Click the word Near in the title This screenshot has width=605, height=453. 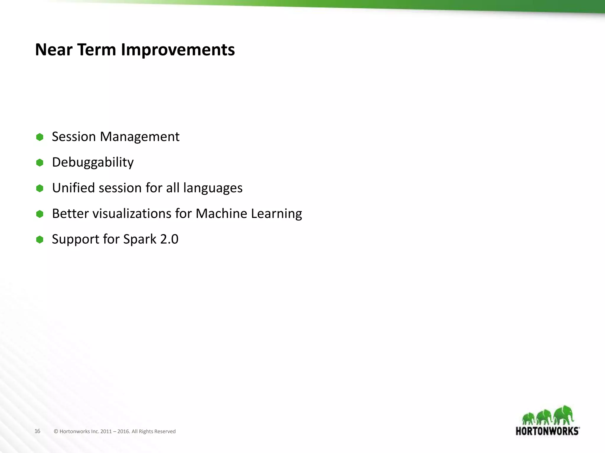[x=54, y=50]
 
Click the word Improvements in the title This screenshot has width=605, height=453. [x=178, y=50]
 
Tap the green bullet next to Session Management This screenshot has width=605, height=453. [x=40, y=137]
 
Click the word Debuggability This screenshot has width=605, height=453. [x=93, y=163]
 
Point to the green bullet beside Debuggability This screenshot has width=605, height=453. [x=40, y=163]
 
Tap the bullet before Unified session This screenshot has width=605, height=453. [x=40, y=188]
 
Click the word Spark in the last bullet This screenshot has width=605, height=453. [x=140, y=239]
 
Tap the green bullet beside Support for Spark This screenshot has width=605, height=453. [x=40, y=239]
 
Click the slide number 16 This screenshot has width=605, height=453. [x=37, y=431]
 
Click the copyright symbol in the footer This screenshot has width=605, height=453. [x=56, y=431]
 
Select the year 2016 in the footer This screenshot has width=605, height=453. [x=123, y=431]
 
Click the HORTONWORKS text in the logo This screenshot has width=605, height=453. [x=547, y=431]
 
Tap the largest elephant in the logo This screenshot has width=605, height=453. [x=564, y=415]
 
